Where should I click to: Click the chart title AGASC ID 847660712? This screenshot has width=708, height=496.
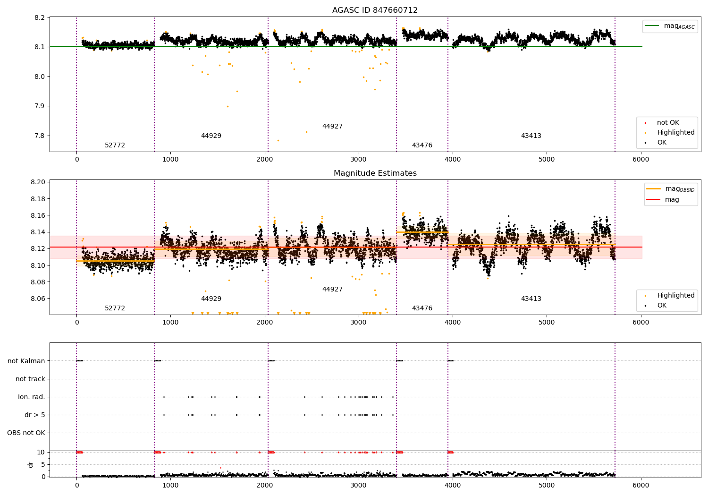click(x=375, y=10)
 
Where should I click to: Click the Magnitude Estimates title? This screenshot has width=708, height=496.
click(x=375, y=173)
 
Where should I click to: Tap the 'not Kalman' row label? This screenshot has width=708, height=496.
click(x=26, y=361)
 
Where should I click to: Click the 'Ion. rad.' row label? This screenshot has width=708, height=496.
click(x=32, y=397)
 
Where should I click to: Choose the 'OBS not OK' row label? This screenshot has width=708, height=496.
click(x=26, y=433)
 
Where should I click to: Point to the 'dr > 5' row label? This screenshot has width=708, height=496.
click(x=35, y=415)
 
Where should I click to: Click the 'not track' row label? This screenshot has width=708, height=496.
click(x=30, y=379)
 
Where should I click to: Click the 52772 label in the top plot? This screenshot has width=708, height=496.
click(x=115, y=145)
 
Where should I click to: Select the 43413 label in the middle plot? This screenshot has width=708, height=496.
click(x=531, y=299)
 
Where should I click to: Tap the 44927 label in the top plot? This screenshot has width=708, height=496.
click(x=332, y=127)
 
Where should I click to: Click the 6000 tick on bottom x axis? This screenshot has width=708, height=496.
click(x=641, y=485)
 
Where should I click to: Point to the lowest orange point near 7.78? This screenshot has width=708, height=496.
click(x=278, y=140)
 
